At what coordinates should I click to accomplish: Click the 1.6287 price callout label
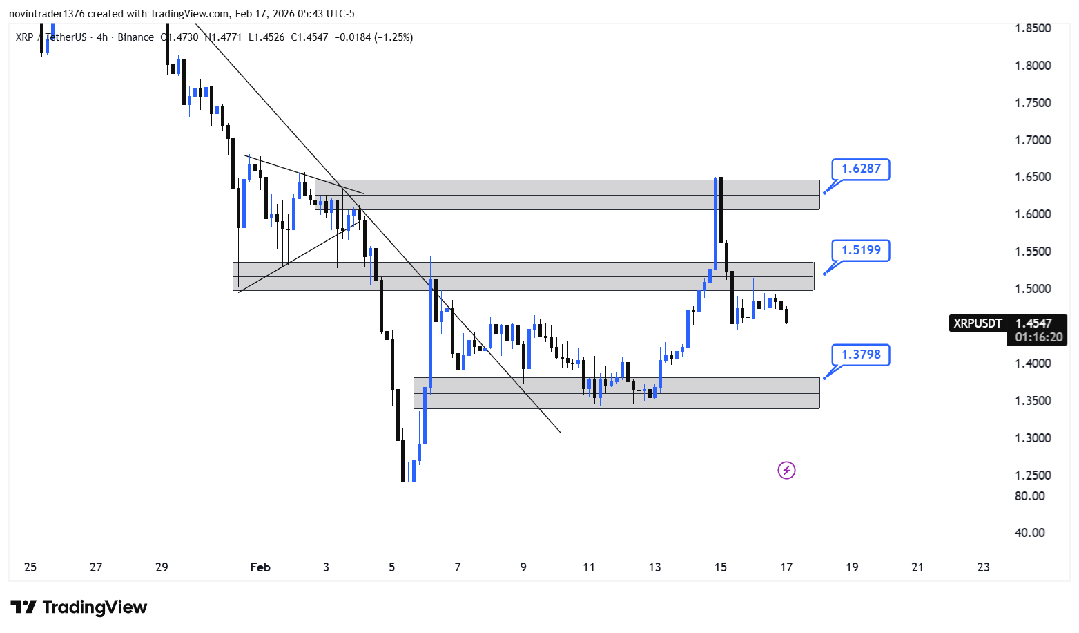pos(860,169)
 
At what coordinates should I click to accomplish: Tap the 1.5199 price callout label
pos(860,250)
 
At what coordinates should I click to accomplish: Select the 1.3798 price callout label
pos(860,355)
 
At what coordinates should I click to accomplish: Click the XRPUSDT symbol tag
pos(977,323)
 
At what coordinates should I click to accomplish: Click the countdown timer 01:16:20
pos(1038,337)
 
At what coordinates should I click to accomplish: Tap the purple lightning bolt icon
pos(786,471)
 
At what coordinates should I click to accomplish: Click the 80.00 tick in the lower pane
pos(1029,496)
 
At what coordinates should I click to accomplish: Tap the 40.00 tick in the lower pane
pos(1029,533)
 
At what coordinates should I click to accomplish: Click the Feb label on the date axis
pos(260,567)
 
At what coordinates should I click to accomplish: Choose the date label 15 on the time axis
pos(720,567)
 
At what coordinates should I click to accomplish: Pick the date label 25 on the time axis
pos(30,567)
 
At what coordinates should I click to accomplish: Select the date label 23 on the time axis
pos(983,567)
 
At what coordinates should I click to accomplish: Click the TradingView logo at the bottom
pos(79,607)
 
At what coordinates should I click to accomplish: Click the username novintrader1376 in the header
pos(46,14)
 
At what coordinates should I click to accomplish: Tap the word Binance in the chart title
pos(135,37)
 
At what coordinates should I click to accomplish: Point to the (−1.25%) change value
pos(393,37)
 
